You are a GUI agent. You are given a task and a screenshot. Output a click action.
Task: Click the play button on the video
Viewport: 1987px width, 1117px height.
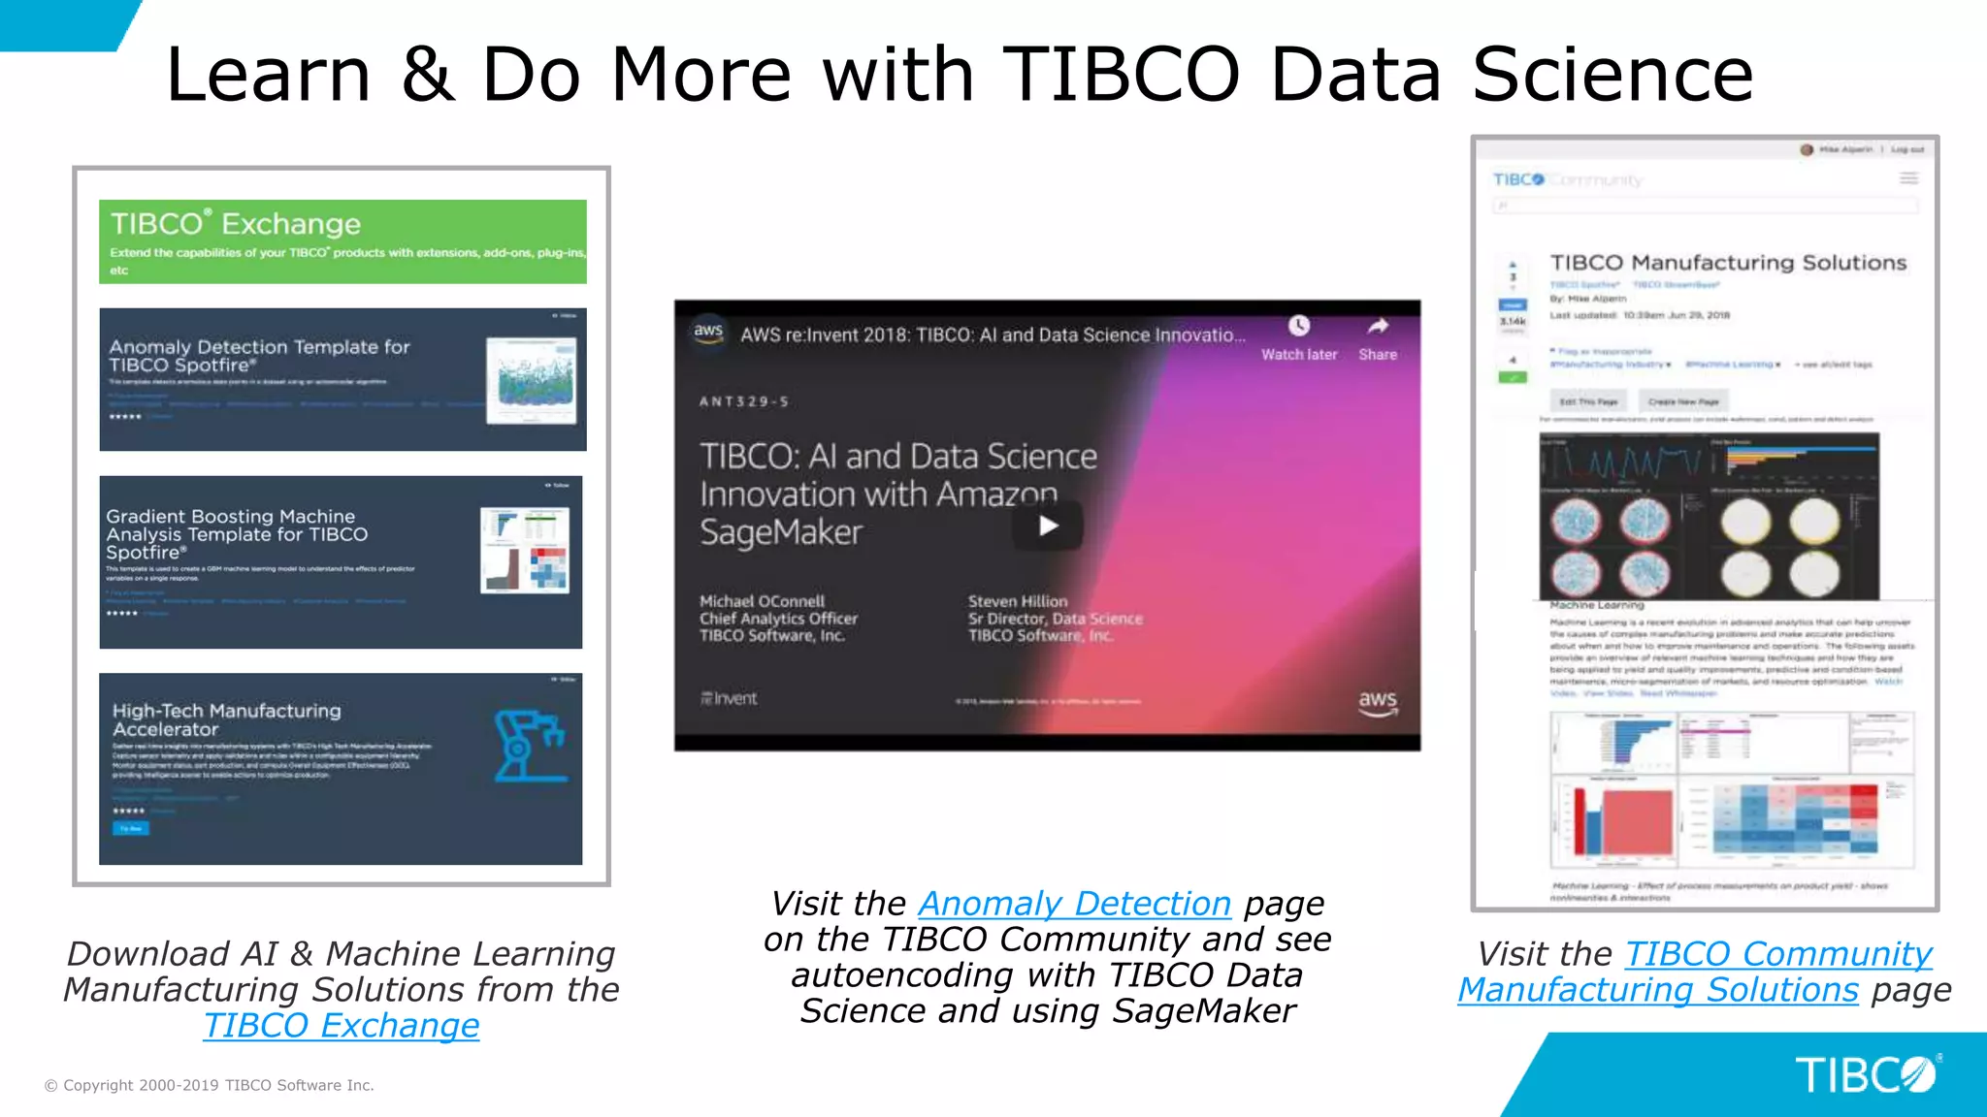tap(1048, 526)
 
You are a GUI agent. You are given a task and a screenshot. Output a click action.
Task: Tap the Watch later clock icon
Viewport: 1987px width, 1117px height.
tap(1299, 326)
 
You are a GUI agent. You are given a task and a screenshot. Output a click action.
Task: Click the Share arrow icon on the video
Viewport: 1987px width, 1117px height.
tap(1378, 326)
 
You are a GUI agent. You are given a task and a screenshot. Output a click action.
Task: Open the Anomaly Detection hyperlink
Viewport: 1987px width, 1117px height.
tap(1074, 904)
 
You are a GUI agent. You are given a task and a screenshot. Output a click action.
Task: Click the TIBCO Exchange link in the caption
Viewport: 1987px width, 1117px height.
tap(342, 1026)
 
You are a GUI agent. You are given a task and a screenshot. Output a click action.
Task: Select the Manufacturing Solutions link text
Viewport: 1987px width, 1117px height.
tap(1658, 990)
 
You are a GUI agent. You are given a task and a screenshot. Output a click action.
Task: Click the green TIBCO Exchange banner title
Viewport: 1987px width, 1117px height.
tap(236, 224)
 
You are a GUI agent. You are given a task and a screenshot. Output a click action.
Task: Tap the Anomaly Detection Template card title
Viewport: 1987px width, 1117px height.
tap(259, 355)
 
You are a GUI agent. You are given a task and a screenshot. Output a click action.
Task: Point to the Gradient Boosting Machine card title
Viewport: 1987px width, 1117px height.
tap(237, 533)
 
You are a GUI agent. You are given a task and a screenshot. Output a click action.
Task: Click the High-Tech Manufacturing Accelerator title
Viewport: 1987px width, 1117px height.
tap(226, 719)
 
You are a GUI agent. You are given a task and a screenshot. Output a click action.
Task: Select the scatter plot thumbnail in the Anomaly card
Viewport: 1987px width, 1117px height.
tap(531, 380)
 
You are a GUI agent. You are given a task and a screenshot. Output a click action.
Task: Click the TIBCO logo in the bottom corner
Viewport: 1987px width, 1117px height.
tap(1865, 1074)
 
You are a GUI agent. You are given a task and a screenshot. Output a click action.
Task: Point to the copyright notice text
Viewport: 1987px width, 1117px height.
tap(210, 1085)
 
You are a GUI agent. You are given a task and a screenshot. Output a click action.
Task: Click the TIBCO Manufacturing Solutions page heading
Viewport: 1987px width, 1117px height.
tap(1728, 263)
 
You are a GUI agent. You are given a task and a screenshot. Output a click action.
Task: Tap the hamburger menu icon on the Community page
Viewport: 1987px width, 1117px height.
tap(1908, 178)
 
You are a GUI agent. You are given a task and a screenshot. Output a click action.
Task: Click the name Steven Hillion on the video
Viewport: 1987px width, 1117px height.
tap(1018, 601)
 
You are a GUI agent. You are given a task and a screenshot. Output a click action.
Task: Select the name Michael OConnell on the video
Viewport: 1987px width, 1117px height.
tap(762, 601)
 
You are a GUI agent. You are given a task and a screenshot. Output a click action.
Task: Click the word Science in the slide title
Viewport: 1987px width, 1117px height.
tap(1612, 75)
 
